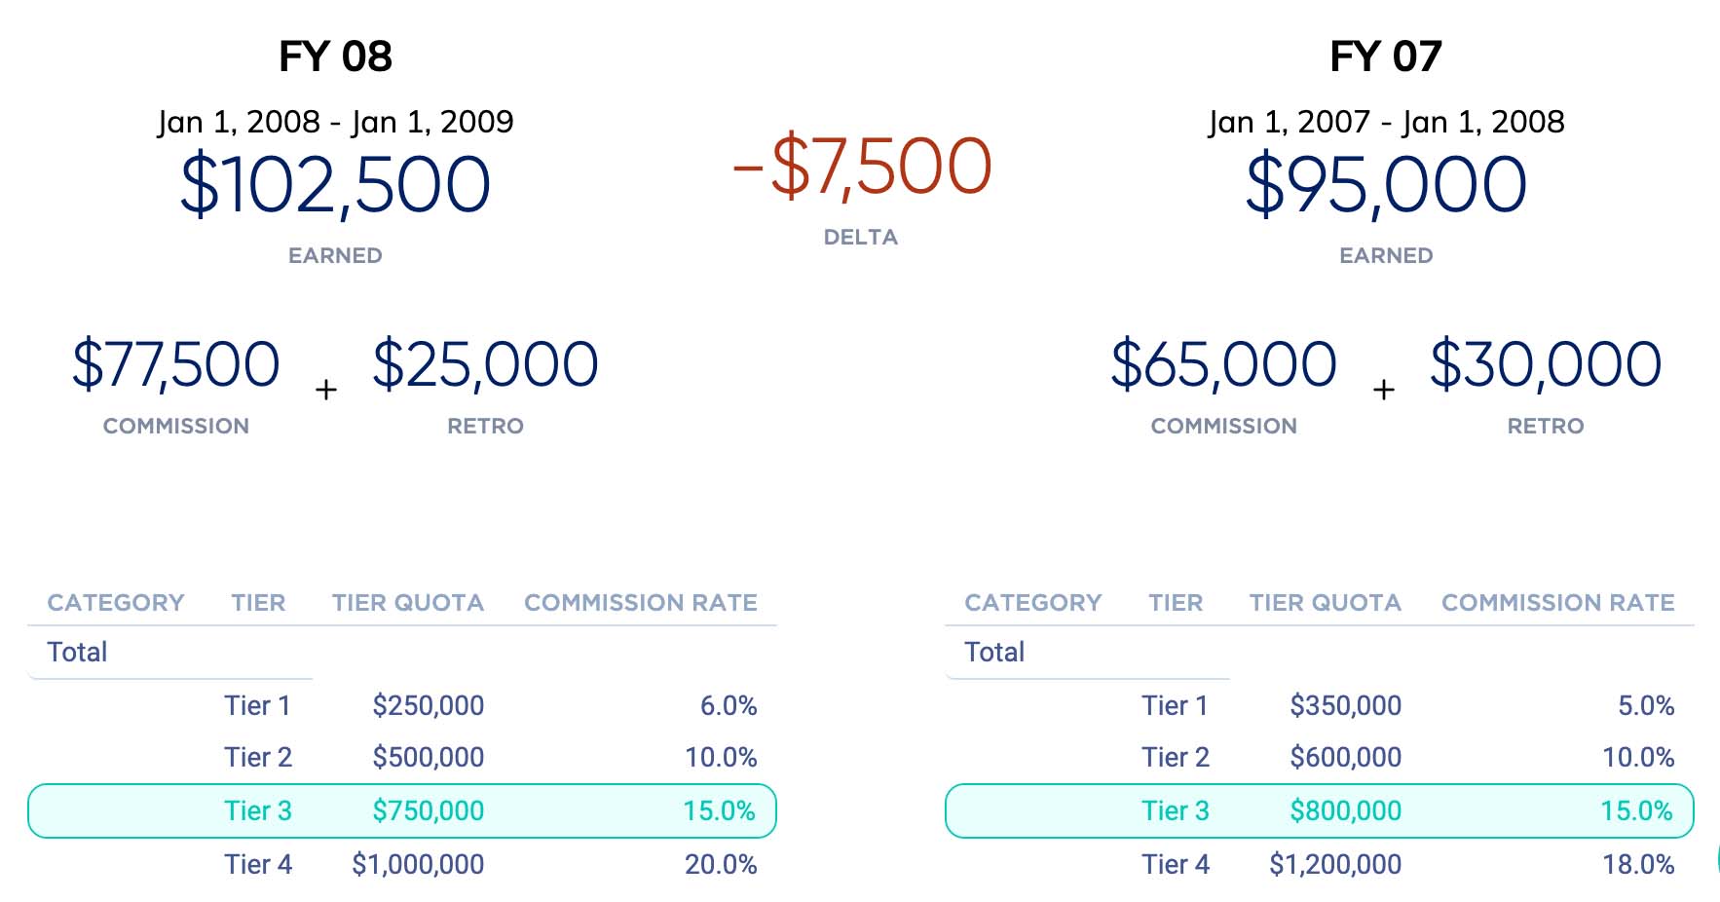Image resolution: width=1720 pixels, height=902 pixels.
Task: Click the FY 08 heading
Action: coord(335,56)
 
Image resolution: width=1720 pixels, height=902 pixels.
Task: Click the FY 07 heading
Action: coord(1385,56)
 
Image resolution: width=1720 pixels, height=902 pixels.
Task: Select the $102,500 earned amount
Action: coord(335,185)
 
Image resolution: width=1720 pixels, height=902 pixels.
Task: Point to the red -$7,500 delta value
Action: coord(861,168)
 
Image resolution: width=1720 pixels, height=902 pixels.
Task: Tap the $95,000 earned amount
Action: coord(1385,185)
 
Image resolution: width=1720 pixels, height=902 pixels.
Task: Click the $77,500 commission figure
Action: coord(176,364)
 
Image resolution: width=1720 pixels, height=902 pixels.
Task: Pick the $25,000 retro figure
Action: coord(485,364)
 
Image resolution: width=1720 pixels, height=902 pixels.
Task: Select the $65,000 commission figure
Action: coord(1223,364)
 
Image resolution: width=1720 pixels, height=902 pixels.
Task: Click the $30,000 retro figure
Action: coord(1545,364)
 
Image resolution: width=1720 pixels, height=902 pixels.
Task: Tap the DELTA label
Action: coord(860,238)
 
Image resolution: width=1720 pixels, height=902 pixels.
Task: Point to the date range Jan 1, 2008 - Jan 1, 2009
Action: coord(335,122)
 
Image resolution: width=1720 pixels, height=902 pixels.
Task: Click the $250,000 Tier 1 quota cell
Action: coord(428,705)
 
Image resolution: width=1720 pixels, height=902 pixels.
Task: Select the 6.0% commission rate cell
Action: coord(729,705)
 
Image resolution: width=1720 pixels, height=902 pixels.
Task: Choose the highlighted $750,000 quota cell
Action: coord(428,810)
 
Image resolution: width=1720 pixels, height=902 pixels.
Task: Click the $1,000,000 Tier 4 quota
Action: coord(418,864)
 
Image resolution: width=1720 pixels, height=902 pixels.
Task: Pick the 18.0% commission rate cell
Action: coord(1638,864)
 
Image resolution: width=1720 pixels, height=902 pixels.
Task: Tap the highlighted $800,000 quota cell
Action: coord(1345,810)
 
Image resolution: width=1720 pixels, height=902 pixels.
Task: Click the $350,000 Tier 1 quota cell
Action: coord(1345,705)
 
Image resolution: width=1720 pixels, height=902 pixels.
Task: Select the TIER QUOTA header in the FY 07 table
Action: coord(1325,603)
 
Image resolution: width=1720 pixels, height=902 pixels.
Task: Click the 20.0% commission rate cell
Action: coord(721,864)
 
